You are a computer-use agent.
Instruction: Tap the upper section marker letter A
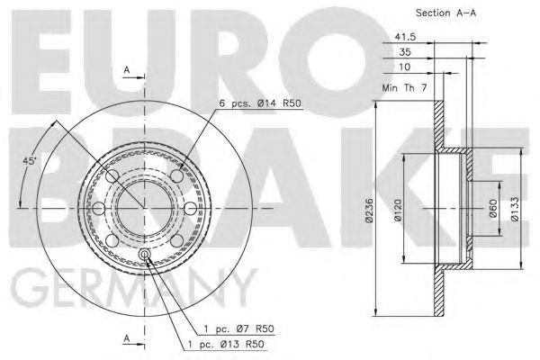[x=127, y=69]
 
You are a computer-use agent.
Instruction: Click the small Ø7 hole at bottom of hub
[x=145, y=254]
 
